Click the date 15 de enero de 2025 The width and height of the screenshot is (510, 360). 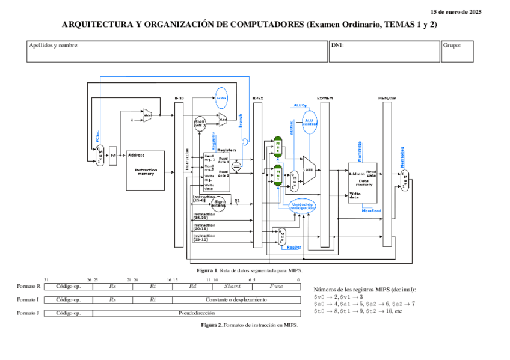(456, 12)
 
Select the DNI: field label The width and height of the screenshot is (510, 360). (337, 46)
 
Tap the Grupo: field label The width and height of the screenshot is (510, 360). (452, 46)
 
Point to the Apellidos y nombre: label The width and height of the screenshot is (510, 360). (54, 46)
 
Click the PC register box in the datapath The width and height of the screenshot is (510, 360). (112, 156)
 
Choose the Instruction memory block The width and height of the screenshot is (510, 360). (144, 171)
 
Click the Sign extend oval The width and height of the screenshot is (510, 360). (219, 204)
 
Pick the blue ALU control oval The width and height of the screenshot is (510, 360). (309, 123)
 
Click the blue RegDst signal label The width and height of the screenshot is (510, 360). (293, 247)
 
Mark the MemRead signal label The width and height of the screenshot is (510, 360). (371, 210)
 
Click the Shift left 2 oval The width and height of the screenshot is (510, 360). (200, 123)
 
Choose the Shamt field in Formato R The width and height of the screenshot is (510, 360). (232, 287)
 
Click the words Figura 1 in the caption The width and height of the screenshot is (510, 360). (206, 270)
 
